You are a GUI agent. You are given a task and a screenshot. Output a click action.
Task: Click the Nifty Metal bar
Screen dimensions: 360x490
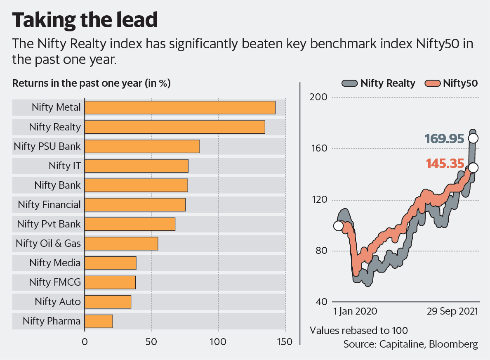[x=180, y=108]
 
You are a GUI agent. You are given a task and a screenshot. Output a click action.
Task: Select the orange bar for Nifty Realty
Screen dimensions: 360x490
[x=174, y=127]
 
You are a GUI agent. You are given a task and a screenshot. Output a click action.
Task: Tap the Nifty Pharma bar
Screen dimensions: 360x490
[x=99, y=321]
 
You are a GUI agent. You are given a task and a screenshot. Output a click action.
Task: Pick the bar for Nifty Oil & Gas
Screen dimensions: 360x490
[x=121, y=244]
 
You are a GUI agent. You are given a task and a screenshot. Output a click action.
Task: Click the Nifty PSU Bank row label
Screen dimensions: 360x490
[x=47, y=146]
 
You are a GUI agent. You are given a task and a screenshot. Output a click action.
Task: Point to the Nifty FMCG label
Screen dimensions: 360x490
[x=55, y=282]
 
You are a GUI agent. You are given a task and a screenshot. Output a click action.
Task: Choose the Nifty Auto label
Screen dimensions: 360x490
[x=58, y=302]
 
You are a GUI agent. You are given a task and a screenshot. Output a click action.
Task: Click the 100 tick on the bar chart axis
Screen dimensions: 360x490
[x=218, y=342]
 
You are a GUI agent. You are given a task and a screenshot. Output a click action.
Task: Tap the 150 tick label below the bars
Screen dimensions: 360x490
[x=285, y=342]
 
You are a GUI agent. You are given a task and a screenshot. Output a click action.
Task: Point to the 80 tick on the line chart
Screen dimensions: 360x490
[x=319, y=251]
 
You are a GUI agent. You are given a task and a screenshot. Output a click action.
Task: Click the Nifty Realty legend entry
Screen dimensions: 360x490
[x=379, y=83]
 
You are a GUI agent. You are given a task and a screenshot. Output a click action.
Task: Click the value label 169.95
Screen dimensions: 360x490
[x=445, y=139]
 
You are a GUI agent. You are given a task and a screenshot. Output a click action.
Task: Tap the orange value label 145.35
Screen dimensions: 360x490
[x=445, y=164]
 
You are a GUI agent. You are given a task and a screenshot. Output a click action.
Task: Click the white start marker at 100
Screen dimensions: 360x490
[x=338, y=226]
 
